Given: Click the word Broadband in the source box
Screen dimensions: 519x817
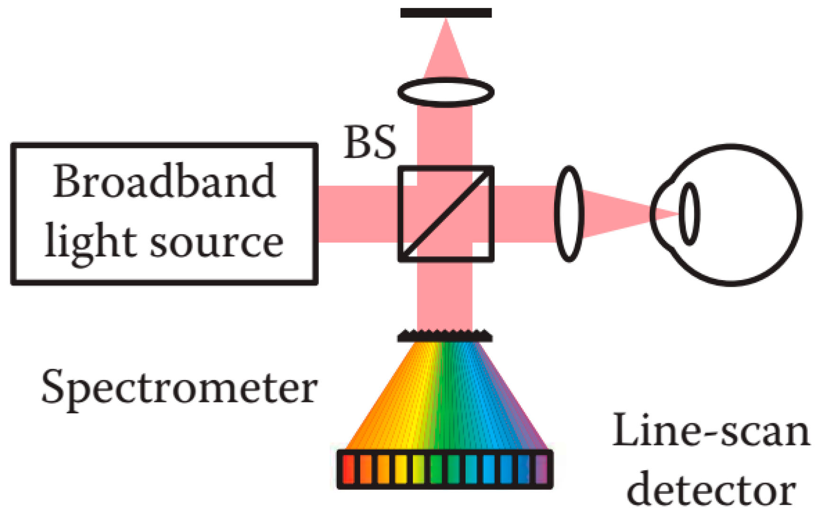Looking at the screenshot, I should pyautogui.click(x=164, y=182).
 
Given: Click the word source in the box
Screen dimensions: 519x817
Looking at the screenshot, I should pyautogui.click(x=217, y=243).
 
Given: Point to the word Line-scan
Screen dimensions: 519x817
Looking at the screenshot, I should pyautogui.click(x=710, y=431).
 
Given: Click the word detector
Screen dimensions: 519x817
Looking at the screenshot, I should pyautogui.click(x=710, y=491).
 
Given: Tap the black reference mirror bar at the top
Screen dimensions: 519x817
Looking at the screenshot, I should pyautogui.click(x=446, y=13).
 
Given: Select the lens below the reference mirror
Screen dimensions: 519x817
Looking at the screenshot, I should pyautogui.click(x=446, y=91).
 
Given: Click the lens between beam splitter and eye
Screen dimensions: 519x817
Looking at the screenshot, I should pyautogui.click(x=569, y=214).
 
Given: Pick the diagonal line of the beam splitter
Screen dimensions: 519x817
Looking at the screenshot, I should pyautogui.click(x=446, y=214).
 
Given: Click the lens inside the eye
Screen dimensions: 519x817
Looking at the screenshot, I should pyautogui.click(x=689, y=214).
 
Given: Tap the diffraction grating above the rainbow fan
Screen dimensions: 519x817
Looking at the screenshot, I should pyautogui.click(x=445, y=336).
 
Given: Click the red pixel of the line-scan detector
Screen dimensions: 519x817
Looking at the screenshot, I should pyautogui.click(x=349, y=469).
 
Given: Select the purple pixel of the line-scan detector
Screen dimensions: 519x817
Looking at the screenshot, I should pyautogui.click(x=541, y=469).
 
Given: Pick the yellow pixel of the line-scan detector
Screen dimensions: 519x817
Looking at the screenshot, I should pyautogui.click(x=401, y=469).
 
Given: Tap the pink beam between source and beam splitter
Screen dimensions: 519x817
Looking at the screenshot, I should pyautogui.click(x=358, y=214).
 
